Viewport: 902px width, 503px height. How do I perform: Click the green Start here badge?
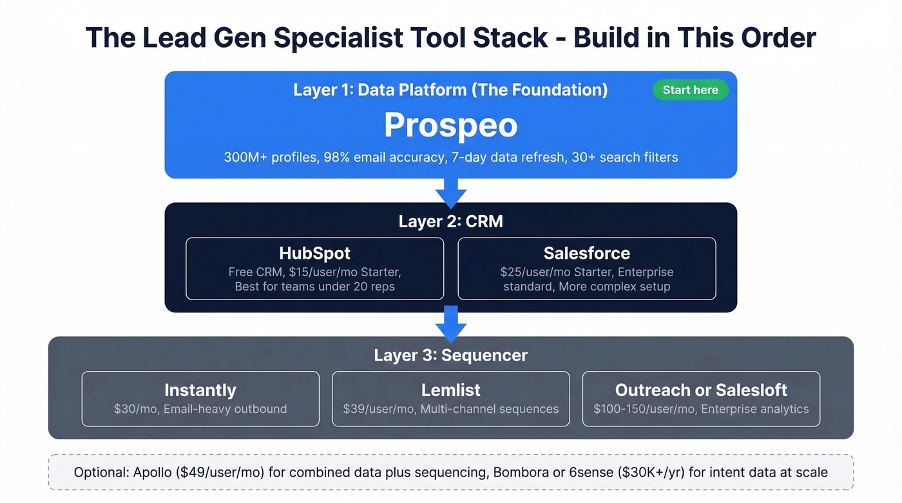point(690,90)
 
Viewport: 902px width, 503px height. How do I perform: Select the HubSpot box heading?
point(314,253)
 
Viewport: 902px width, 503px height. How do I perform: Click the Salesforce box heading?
point(586,253)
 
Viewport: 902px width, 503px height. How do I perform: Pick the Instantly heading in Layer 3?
point(200,390)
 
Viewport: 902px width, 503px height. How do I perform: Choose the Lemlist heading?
point(450,390)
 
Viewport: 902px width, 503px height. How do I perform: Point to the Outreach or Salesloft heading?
point(701,390)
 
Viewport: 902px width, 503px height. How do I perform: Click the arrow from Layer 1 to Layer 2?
point(450,192)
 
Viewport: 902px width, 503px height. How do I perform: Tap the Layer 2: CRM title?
point(450,222)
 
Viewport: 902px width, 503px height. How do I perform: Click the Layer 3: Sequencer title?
point(450,356)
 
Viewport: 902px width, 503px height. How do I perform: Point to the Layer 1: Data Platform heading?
point(450,90)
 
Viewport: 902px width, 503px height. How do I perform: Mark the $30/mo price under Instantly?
point(132,409)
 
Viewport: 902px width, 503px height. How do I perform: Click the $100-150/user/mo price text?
point(644,409)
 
